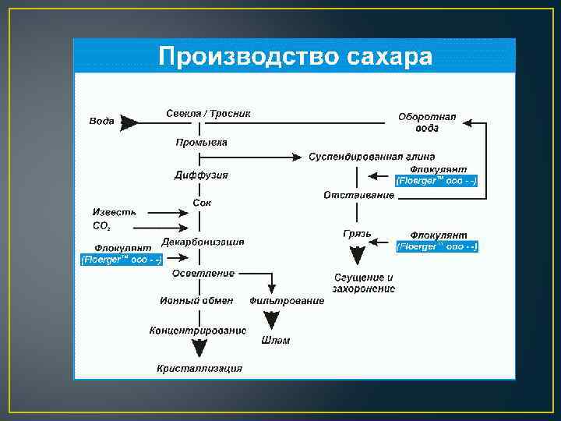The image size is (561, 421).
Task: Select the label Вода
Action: point(101,121)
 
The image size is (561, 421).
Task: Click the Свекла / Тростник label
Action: point(208,114)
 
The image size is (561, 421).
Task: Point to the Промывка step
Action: point(201,143)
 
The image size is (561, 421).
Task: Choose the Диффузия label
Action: point(201,175)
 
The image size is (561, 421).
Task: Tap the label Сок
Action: point(202,203)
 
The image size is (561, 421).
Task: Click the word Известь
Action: point(115,212)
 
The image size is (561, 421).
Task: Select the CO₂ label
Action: point(101,226)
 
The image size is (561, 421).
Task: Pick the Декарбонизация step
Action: point(203,242)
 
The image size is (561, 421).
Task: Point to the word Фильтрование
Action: point(287,301)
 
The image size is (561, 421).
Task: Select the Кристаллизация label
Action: point(199,369)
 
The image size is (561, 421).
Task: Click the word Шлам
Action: point(276,341)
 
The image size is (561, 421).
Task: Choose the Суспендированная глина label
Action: point(372,157)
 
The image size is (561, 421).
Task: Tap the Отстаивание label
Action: point(359,195)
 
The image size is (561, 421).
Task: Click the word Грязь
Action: point(357,234)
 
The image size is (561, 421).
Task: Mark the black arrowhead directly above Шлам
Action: point(271,320)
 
